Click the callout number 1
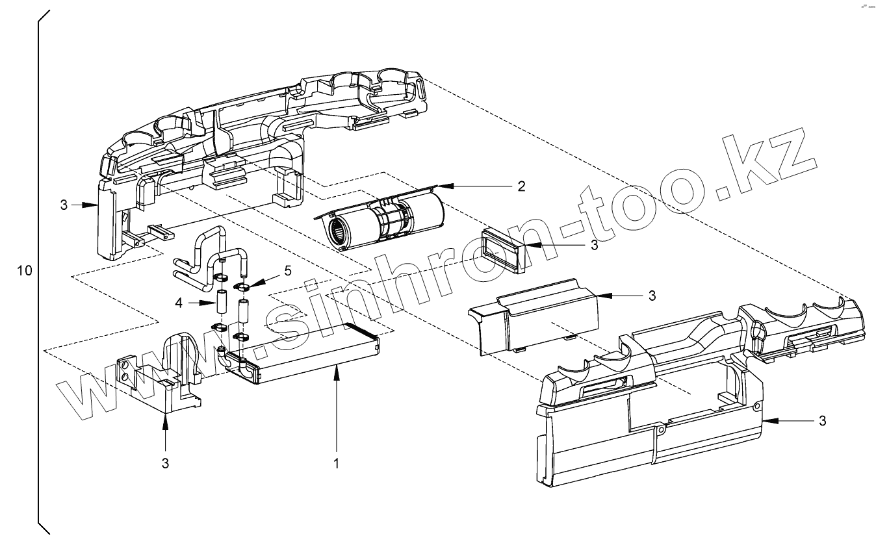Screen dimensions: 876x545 (337, 463)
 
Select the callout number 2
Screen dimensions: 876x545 (521, 186)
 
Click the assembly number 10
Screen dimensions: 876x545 (24, 270)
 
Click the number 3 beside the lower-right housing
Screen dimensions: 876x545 (821, 421)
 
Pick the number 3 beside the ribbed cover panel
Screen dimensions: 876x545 (651, 296)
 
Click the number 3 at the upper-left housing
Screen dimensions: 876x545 (64, 205)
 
